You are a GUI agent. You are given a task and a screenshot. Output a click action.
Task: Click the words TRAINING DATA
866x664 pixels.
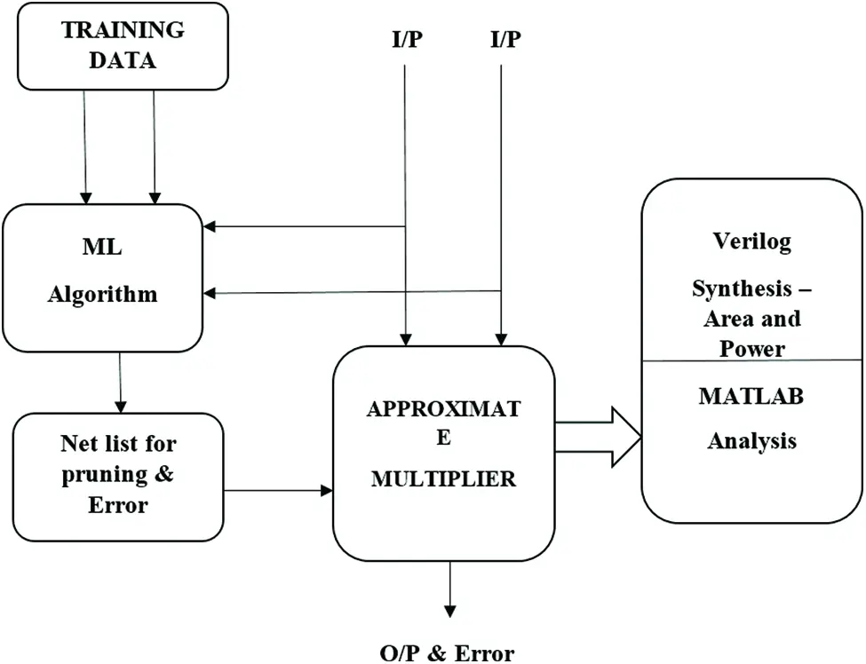tap(123, 44)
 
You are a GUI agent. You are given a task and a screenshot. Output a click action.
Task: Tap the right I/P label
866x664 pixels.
tap(505, 39)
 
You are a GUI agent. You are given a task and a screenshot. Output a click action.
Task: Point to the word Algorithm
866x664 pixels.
tap(102, 295)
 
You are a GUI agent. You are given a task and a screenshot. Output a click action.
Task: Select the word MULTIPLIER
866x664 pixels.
tap(443, 479)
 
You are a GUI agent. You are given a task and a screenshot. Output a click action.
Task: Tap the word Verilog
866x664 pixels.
tap(751, 241)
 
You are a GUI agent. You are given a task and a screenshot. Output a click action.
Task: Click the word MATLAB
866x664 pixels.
tap(751, 396)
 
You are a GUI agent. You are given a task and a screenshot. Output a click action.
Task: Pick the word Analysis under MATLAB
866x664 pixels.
tap(751, 440)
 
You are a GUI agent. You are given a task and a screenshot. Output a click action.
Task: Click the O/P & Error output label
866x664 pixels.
tap(446, 653)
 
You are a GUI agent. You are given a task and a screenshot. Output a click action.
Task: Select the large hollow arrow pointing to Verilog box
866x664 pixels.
tap(598, 437)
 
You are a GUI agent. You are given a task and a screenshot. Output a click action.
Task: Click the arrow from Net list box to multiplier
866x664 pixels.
tap(276, 490)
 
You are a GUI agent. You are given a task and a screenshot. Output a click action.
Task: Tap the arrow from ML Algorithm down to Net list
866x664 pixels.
tap(120, 382)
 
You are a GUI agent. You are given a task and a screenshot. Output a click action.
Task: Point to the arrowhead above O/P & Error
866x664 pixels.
tap(449, 610)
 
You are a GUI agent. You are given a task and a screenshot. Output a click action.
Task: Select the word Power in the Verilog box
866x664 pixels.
tap(752, 348)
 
